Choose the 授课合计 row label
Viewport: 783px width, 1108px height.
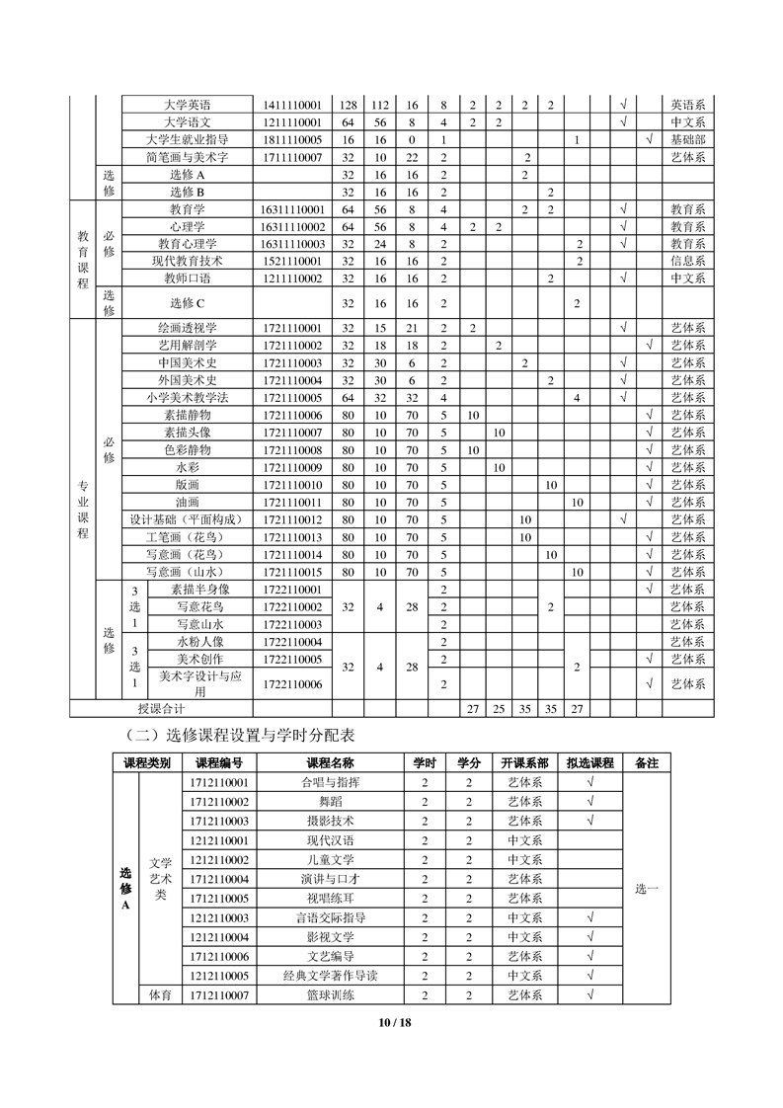click(161, 708)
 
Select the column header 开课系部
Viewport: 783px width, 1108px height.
click(524, 763)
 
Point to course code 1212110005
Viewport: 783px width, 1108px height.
click(218, 976)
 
